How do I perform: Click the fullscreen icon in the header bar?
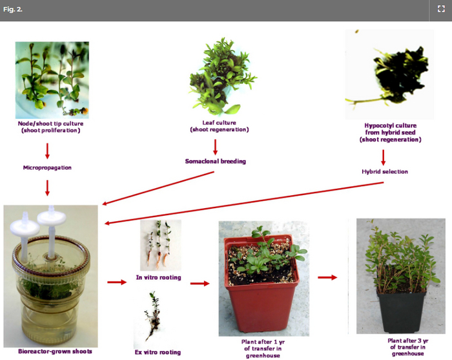pos(441,9)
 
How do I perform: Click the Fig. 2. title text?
pos(13,9)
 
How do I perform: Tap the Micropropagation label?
pos(47,167)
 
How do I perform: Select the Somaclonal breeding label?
pos(215,161)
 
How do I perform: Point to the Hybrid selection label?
pos(385,172)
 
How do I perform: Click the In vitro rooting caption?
pos(159,277)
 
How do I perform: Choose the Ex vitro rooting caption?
pos(158,352)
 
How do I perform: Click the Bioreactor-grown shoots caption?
pos(55,352)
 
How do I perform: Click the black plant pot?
pos(401,310)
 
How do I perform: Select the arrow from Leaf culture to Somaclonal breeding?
pos(215,147)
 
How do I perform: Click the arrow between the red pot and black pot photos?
pos(327,277)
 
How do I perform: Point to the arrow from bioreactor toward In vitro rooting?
pos(117,282)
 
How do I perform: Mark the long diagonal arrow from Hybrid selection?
pos(244,203)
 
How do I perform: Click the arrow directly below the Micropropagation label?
pos(47,188)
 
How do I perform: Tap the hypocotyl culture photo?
pos(389,74)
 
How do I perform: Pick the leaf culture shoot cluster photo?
pos(223,76)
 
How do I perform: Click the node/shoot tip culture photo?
pos(52,80)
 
